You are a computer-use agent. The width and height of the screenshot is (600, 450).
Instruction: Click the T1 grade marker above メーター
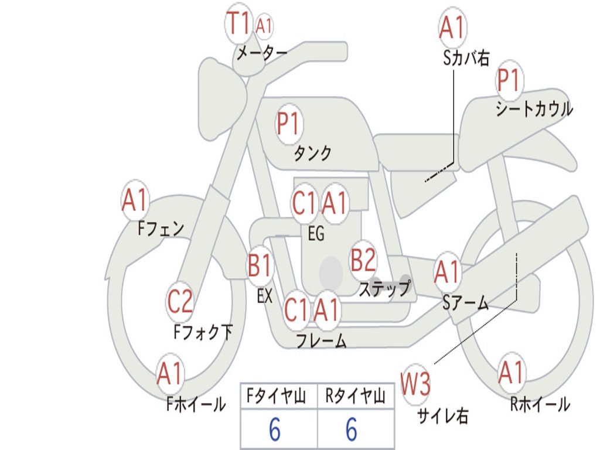point(238,23)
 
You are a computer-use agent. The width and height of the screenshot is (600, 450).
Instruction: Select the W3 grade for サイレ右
point(415,383)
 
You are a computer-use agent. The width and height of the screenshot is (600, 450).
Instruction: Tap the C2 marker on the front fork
point(180,302)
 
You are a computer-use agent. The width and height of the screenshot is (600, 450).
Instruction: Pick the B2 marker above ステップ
point(363,260)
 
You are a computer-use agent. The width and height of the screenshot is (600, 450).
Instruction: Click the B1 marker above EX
point(260,265)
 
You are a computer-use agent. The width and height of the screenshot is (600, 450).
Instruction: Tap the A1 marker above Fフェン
point(135,200)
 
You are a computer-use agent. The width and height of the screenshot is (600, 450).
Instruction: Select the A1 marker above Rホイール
point(512,372)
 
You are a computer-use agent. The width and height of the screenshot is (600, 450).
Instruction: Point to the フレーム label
point(322,340)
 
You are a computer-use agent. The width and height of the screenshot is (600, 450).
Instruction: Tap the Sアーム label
point(466,303)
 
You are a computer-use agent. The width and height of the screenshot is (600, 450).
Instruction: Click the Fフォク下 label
point(203,332)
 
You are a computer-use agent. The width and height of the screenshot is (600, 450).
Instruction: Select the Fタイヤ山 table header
point(277,396)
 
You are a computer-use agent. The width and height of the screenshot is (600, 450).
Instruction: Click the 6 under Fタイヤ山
point(275,429)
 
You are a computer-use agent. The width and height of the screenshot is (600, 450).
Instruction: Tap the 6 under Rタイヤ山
point(352,429)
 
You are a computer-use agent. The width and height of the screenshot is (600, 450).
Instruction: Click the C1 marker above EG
point(305,203)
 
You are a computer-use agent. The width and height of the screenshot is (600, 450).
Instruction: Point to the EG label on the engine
point(316,233)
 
